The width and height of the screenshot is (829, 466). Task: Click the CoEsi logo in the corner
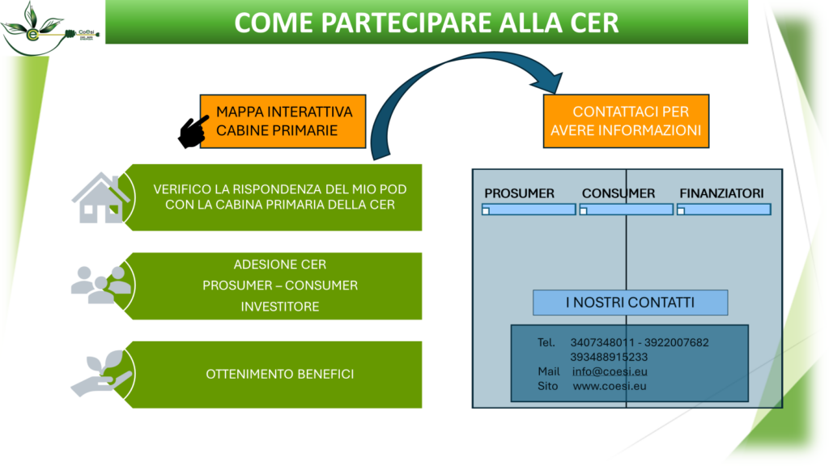(50, 29)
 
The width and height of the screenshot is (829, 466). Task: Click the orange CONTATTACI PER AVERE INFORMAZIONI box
(625, 121)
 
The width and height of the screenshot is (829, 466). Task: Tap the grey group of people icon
(100, 284)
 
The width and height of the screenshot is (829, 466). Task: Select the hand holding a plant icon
(101, 373)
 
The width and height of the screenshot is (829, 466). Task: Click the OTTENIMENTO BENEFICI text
(279, 374)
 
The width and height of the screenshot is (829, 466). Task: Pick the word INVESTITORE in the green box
(279, 307)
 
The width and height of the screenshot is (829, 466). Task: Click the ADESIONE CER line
(279, 265)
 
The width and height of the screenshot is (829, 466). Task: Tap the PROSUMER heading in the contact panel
(519, 193)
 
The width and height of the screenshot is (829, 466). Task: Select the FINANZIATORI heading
(721, 193)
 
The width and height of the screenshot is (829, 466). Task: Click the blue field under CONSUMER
(626, 210)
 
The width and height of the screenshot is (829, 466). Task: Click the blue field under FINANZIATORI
(724, 210)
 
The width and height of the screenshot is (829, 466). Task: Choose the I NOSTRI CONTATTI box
(630, 303)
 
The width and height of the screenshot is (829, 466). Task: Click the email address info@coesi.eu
(610, 371)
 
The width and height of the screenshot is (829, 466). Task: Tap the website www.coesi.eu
(609, 386)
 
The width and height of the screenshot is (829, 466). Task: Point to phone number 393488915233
(608, 357)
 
